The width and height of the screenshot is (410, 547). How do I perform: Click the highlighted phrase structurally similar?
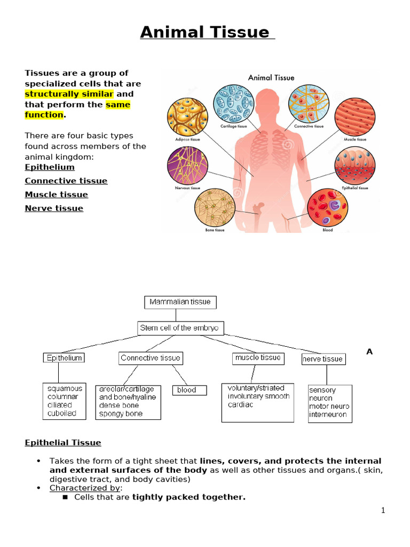coord(69,94)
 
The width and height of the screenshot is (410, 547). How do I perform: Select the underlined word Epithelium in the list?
coord(50,167)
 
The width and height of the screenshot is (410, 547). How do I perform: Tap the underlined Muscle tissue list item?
coord(56,194)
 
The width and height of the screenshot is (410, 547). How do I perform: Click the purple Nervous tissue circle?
coord(187,165)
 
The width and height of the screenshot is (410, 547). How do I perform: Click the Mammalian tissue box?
coord(180,302)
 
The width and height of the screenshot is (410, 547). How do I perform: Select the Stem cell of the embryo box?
coord(180,328)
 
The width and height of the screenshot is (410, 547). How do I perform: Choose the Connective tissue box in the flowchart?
coord(151,358)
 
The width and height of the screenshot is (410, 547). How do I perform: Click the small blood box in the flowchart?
coord(187,390)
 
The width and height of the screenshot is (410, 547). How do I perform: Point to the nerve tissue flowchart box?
coord(323,359)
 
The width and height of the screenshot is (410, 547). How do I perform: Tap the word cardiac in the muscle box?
coord(240,405)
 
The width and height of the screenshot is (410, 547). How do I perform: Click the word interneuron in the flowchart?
coord(328,415)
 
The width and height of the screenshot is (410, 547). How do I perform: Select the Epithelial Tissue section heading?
coord(63,442)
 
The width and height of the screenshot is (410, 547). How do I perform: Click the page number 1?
coord(383,510)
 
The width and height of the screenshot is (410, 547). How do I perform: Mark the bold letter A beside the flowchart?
coord(369,351)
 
